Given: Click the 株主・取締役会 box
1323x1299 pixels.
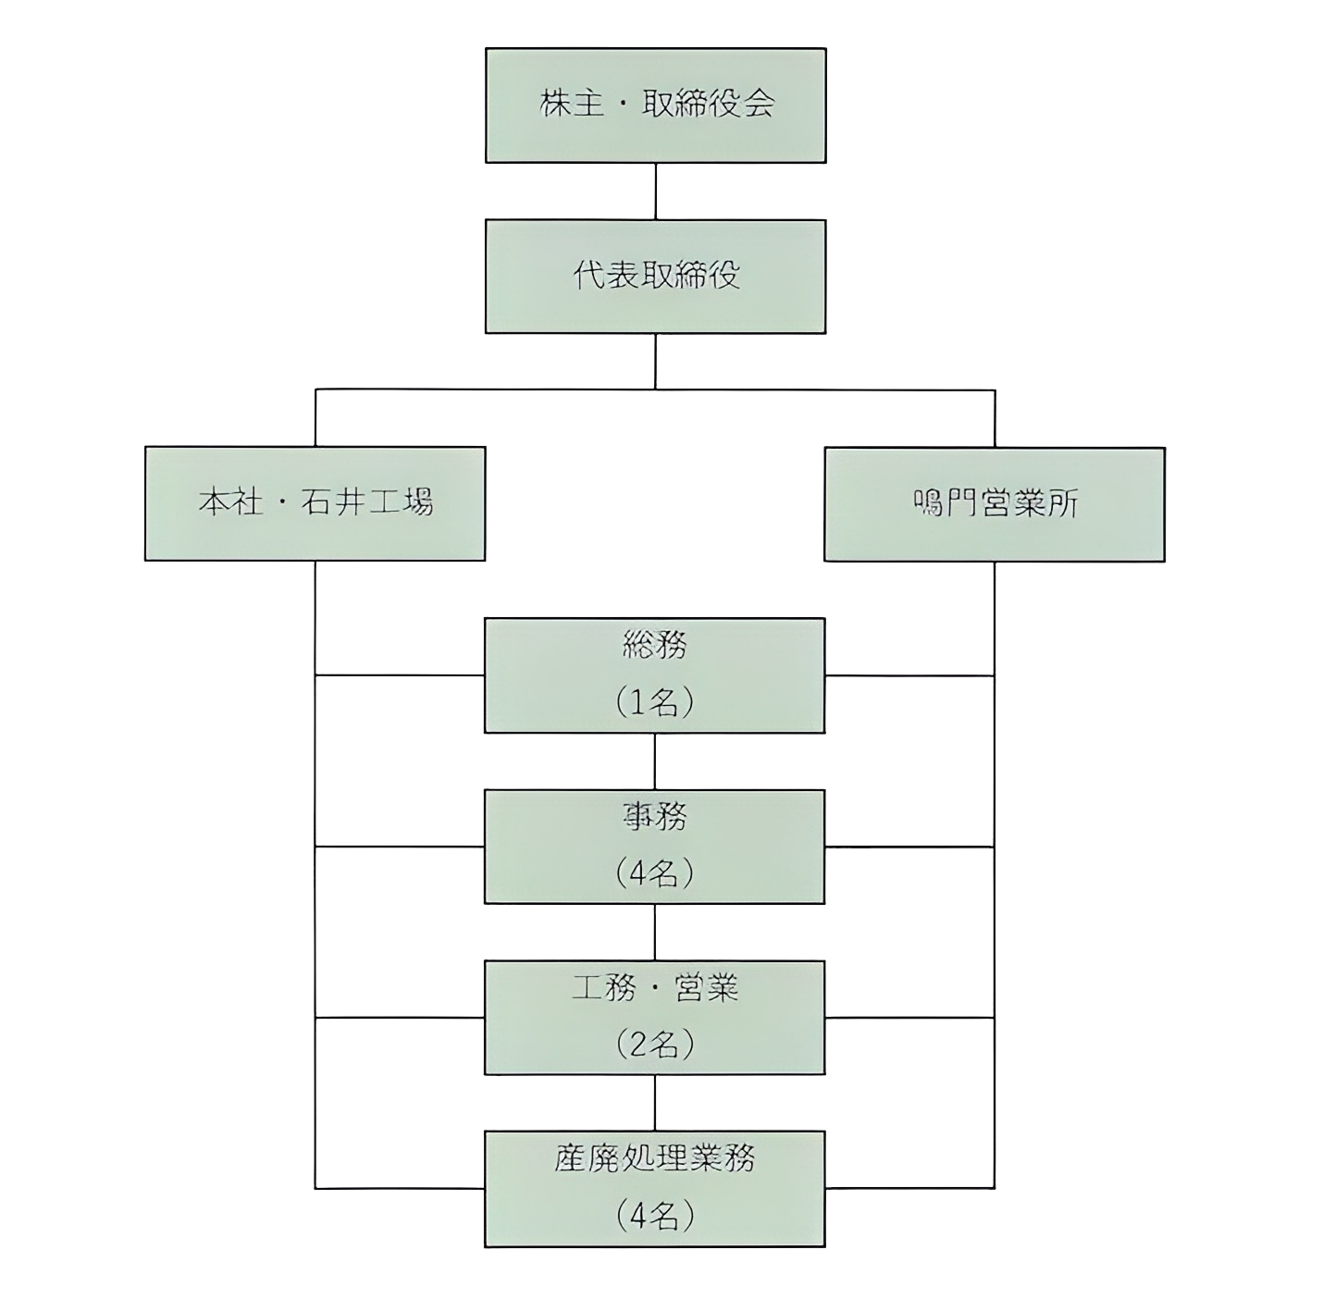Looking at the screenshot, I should (x=655, y=105).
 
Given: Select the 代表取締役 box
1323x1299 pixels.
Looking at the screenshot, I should (x=655, y=276).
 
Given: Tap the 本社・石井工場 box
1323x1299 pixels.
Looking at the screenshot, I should (x=315, y=504).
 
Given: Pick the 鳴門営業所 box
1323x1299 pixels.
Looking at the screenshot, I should (x=995, y=504).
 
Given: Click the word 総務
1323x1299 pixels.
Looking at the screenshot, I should (x=655, y=646).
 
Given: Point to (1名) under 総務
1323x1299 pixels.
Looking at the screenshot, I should (x=655, y=703).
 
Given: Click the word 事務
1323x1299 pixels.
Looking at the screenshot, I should (x=655, y=816).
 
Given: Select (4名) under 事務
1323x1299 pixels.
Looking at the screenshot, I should (x=655, y=873).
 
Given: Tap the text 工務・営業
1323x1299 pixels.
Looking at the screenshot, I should (x=655, y=988).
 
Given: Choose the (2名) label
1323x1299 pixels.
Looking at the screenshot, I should (x=655, y=1045).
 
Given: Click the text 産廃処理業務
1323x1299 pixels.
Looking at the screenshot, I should (x=655, y=1158).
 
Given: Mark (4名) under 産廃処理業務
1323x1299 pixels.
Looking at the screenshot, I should (x=655, y=1216).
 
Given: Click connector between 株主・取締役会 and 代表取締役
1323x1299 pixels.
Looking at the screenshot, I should (x=655, y=192).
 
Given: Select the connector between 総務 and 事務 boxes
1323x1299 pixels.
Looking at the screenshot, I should (x=655, y=761).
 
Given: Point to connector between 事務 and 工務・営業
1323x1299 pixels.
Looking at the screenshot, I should (x=655, y=932).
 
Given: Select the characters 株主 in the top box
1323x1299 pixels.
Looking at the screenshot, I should (x=565, y=104).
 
